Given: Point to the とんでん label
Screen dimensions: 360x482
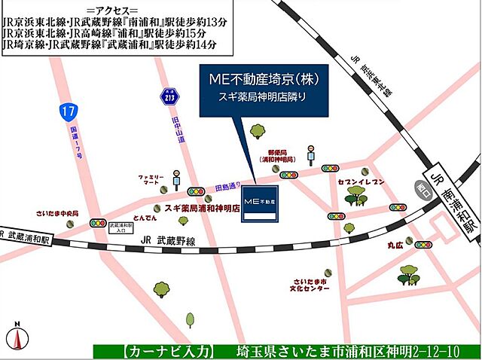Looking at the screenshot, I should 145,216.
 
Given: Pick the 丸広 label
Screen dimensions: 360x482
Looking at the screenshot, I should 395,245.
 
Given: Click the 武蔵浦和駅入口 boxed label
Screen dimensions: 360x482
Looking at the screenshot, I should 120,227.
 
